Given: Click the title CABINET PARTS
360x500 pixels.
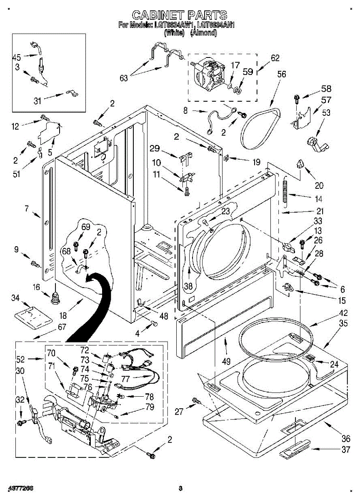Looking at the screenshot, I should [x=180, y=15].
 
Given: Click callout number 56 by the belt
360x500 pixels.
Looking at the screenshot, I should [x=282, y=74].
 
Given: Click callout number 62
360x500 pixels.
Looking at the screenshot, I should [x=275, y=58].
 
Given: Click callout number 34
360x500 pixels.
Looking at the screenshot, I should [x=15, y=298].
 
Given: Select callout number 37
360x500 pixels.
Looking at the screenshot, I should [x=346, y=450].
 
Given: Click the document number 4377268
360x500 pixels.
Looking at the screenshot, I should [x=20, y=487].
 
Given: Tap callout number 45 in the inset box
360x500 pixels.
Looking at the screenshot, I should [x=17, y=57].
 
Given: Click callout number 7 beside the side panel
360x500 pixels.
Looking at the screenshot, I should [x=27, y=208].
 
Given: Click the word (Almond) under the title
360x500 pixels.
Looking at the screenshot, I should [x=203, y=33].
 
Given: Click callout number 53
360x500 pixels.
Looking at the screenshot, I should [x=326, y=112].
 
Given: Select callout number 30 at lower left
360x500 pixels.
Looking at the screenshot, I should [x=20, y=371].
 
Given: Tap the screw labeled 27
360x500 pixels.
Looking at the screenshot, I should [x=195, y=400].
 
